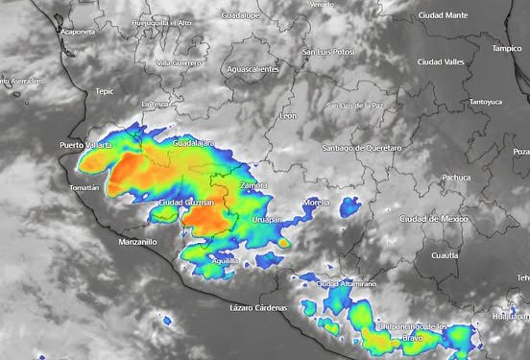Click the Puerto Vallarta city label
[x=85, y=145]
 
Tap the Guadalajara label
[x=193, y=143]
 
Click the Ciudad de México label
[x=432, y=219]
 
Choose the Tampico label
[x=507, y=48]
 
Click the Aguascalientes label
[x=253, y=69]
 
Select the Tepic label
[x=105, y=92]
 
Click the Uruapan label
[x=268, y=220]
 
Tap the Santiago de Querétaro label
[x=361, y=148]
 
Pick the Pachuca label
[x=456, y=178]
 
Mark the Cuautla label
[x=446, y=255]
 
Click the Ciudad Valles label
[x=468, y=62]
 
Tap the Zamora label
[x=253, y=184]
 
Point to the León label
[x=288, y=115]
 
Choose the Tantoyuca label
[x=485, y=102]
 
